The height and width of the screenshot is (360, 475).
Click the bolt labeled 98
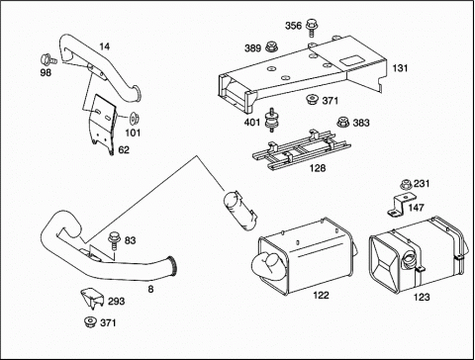[x=48, y=59]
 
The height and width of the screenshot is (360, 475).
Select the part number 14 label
[x=104, y=46]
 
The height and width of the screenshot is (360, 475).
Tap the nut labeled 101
[x=135, y=119]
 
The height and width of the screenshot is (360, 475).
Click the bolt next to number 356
[x=311, y=27]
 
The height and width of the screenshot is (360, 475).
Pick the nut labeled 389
[x=271, y=47]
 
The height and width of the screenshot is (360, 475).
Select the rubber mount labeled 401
[x=271, y=120]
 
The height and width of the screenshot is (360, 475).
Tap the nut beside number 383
[x=343, y=122]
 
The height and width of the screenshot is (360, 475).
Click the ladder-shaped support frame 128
[x=301, y=149]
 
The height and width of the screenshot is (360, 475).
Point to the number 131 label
[x=400, y=68]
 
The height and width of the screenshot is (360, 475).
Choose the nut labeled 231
[x=406, y=185]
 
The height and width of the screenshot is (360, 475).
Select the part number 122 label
[x=321, y=295]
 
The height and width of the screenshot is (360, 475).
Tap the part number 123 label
[x=422, y=297]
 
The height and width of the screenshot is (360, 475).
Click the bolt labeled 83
[x=114, y=241]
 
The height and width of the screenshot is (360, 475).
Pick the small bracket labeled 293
[x=92, y=299]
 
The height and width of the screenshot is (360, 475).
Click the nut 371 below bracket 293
[x=90, y=322]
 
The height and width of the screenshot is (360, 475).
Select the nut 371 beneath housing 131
[x=312, y=100]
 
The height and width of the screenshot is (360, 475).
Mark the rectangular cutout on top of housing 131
[x=351, y=60]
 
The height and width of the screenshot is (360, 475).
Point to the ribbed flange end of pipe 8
[x=173, y=266]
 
